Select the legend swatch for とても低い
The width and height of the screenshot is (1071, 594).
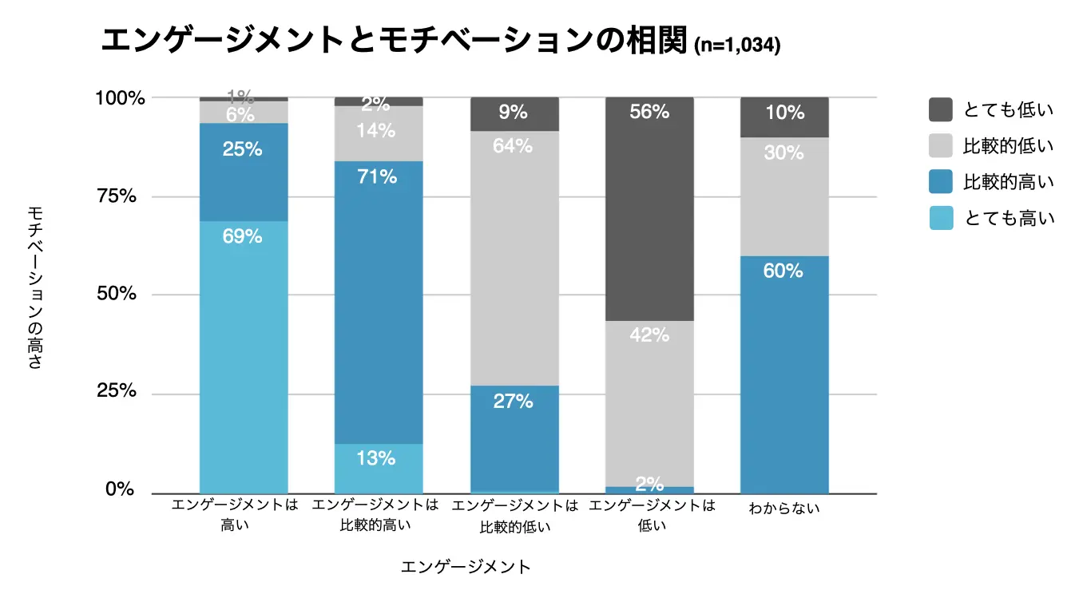click(x=941, y=110)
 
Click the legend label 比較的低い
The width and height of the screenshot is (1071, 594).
click(x=1009, y=146)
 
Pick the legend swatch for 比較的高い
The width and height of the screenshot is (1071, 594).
click(x=941, y=182)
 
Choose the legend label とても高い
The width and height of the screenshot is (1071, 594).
click(x=1009, y=218)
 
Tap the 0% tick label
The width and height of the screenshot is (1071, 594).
click(x=121, y=489)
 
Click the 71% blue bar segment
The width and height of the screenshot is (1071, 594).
click(x=378, y=303)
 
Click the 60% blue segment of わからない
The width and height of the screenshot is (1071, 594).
click(x=783, y=375)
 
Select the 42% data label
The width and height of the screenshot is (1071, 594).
click(x=649, y=335)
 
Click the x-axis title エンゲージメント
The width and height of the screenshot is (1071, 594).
click(x=466, y=567)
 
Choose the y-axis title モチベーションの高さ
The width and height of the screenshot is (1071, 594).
click(x=35, y=287)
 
